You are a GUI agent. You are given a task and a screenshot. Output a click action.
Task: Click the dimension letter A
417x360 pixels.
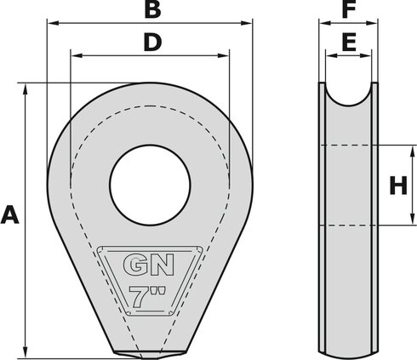point(11,214)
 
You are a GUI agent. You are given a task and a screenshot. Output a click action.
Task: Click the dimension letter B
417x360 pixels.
point(151,10)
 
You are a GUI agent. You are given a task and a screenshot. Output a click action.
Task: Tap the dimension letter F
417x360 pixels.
point(348,10)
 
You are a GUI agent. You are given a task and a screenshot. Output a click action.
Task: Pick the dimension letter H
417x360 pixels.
point(397,186)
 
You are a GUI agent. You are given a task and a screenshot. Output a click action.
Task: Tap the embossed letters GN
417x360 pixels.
point(148,266)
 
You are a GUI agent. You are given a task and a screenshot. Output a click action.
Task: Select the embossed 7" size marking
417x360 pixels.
point(148,297)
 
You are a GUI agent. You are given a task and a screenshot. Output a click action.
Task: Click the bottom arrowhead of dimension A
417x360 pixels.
point(29,351)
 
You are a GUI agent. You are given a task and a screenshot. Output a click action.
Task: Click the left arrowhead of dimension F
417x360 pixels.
point(323,26)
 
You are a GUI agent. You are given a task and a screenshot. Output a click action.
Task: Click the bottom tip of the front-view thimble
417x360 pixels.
point(150,353)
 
